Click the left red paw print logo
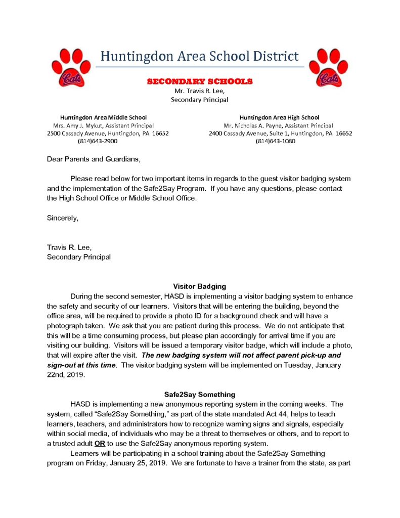click(71, 67)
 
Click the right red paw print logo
click(329, 67)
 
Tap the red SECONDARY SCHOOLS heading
click(200, 81)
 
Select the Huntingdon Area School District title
click(200, 56)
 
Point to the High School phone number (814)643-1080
click(276, 141)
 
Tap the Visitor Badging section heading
click(200, 286)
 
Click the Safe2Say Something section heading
click(200, 394)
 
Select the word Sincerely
click(63, 218)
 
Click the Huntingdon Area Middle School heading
click(104, 117)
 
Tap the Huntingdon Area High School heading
click(279, 117)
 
